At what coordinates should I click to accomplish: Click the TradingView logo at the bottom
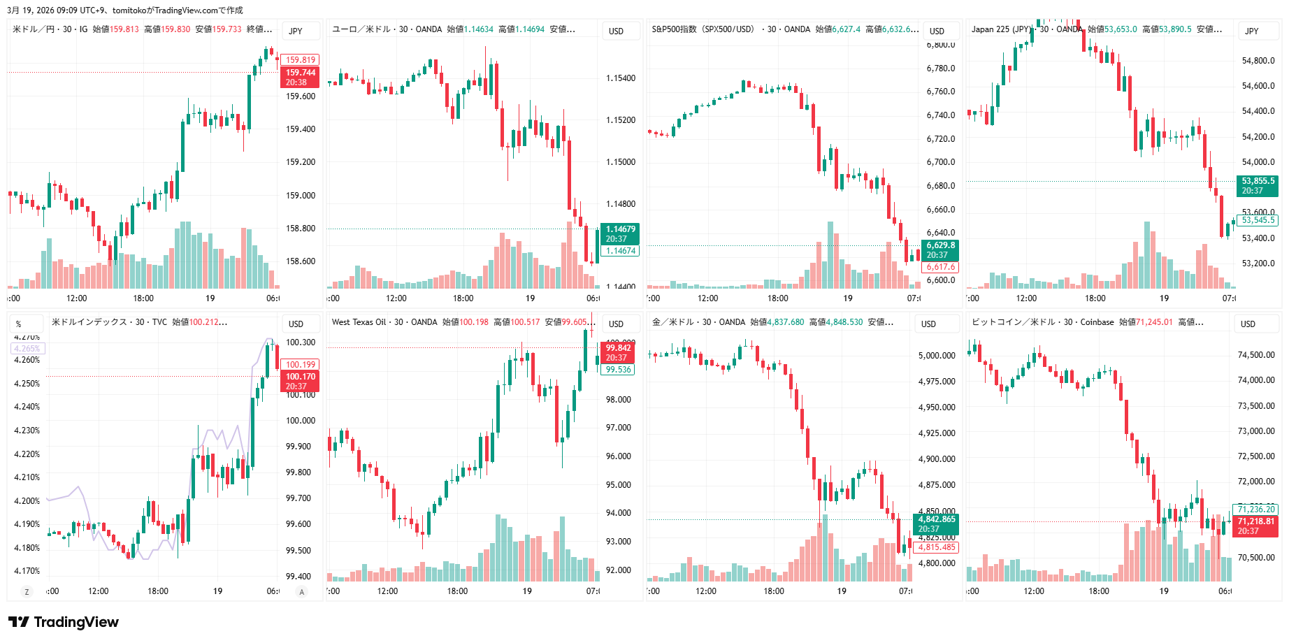(x=64, y=622)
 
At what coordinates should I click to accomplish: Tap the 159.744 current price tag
(x=300, y=77)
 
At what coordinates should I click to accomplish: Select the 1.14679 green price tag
(x=620, y=233)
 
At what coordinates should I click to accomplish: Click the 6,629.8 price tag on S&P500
(x=940, y=250)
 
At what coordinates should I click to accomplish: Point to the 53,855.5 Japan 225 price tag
(x=1258, y=185)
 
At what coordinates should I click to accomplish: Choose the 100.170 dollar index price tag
(x=300, y=381)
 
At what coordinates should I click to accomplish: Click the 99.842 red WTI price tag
(x=618, y=352)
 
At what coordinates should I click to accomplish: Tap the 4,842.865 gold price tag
(x=936, y=523)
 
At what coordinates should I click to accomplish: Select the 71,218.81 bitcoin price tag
(x=1255, y=526)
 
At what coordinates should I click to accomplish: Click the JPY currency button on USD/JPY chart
(x=296, y=31)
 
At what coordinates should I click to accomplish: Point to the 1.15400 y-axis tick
(x=620, y=78)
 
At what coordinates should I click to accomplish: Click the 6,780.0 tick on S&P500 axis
(x=940, y=68)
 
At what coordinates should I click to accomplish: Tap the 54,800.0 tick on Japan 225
(x=1258, y=61)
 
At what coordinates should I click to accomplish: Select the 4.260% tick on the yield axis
(x=27, y=360)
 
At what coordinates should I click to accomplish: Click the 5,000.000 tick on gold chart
(x=936, y=356)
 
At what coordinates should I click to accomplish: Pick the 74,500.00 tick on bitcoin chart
(x=1255, y=355)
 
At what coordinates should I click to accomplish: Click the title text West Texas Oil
(x=359, y=322)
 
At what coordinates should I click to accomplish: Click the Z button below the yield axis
(x=27, y=592)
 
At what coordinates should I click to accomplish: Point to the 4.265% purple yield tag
(x=27, y=348)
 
